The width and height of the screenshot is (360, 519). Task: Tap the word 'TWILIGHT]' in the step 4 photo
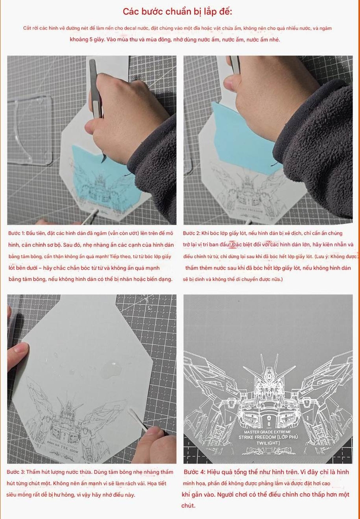click(x=267, y=443)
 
